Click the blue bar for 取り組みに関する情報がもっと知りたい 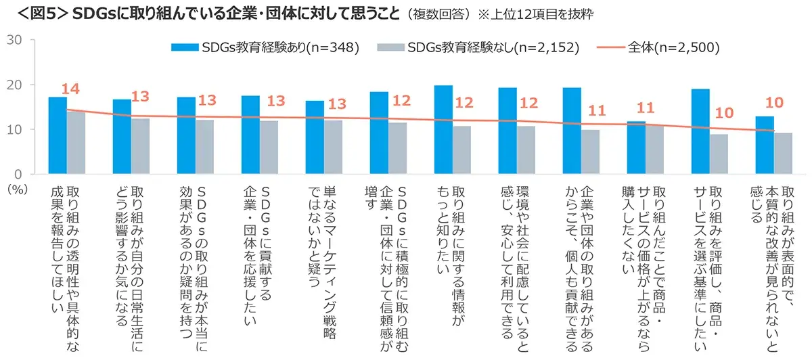click(x=443, y=129)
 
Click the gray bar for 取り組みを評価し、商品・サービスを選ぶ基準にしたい click(x=719, y=154)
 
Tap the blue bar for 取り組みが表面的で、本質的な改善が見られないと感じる click(x=765, y=145)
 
